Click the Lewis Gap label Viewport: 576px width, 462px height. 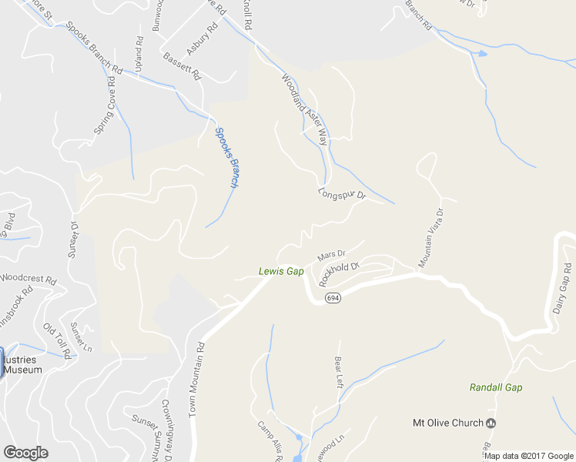click(x=281, y=271)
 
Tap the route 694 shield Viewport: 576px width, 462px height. click(x=332, y=297)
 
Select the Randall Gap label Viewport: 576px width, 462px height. click(x=496, y=387)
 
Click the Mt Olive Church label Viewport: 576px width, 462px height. click(x=448, y=423)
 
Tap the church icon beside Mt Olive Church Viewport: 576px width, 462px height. click(x=491, y=423)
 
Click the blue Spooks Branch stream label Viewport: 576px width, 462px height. click(x=226, y=158)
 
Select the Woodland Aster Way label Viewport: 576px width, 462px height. click(x=305, y=109)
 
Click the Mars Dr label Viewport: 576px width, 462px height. click(x=332, y=253)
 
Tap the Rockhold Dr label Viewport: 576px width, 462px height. click(x=340, y=274)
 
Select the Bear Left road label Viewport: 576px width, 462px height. click(x=339, y=371)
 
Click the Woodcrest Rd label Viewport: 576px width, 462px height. click(x=28, y=278)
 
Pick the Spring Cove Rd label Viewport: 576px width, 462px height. click(x=105, y=112)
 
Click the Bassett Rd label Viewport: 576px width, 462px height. click(x=183, y=66)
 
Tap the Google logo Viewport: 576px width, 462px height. click(x=25, y=453)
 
